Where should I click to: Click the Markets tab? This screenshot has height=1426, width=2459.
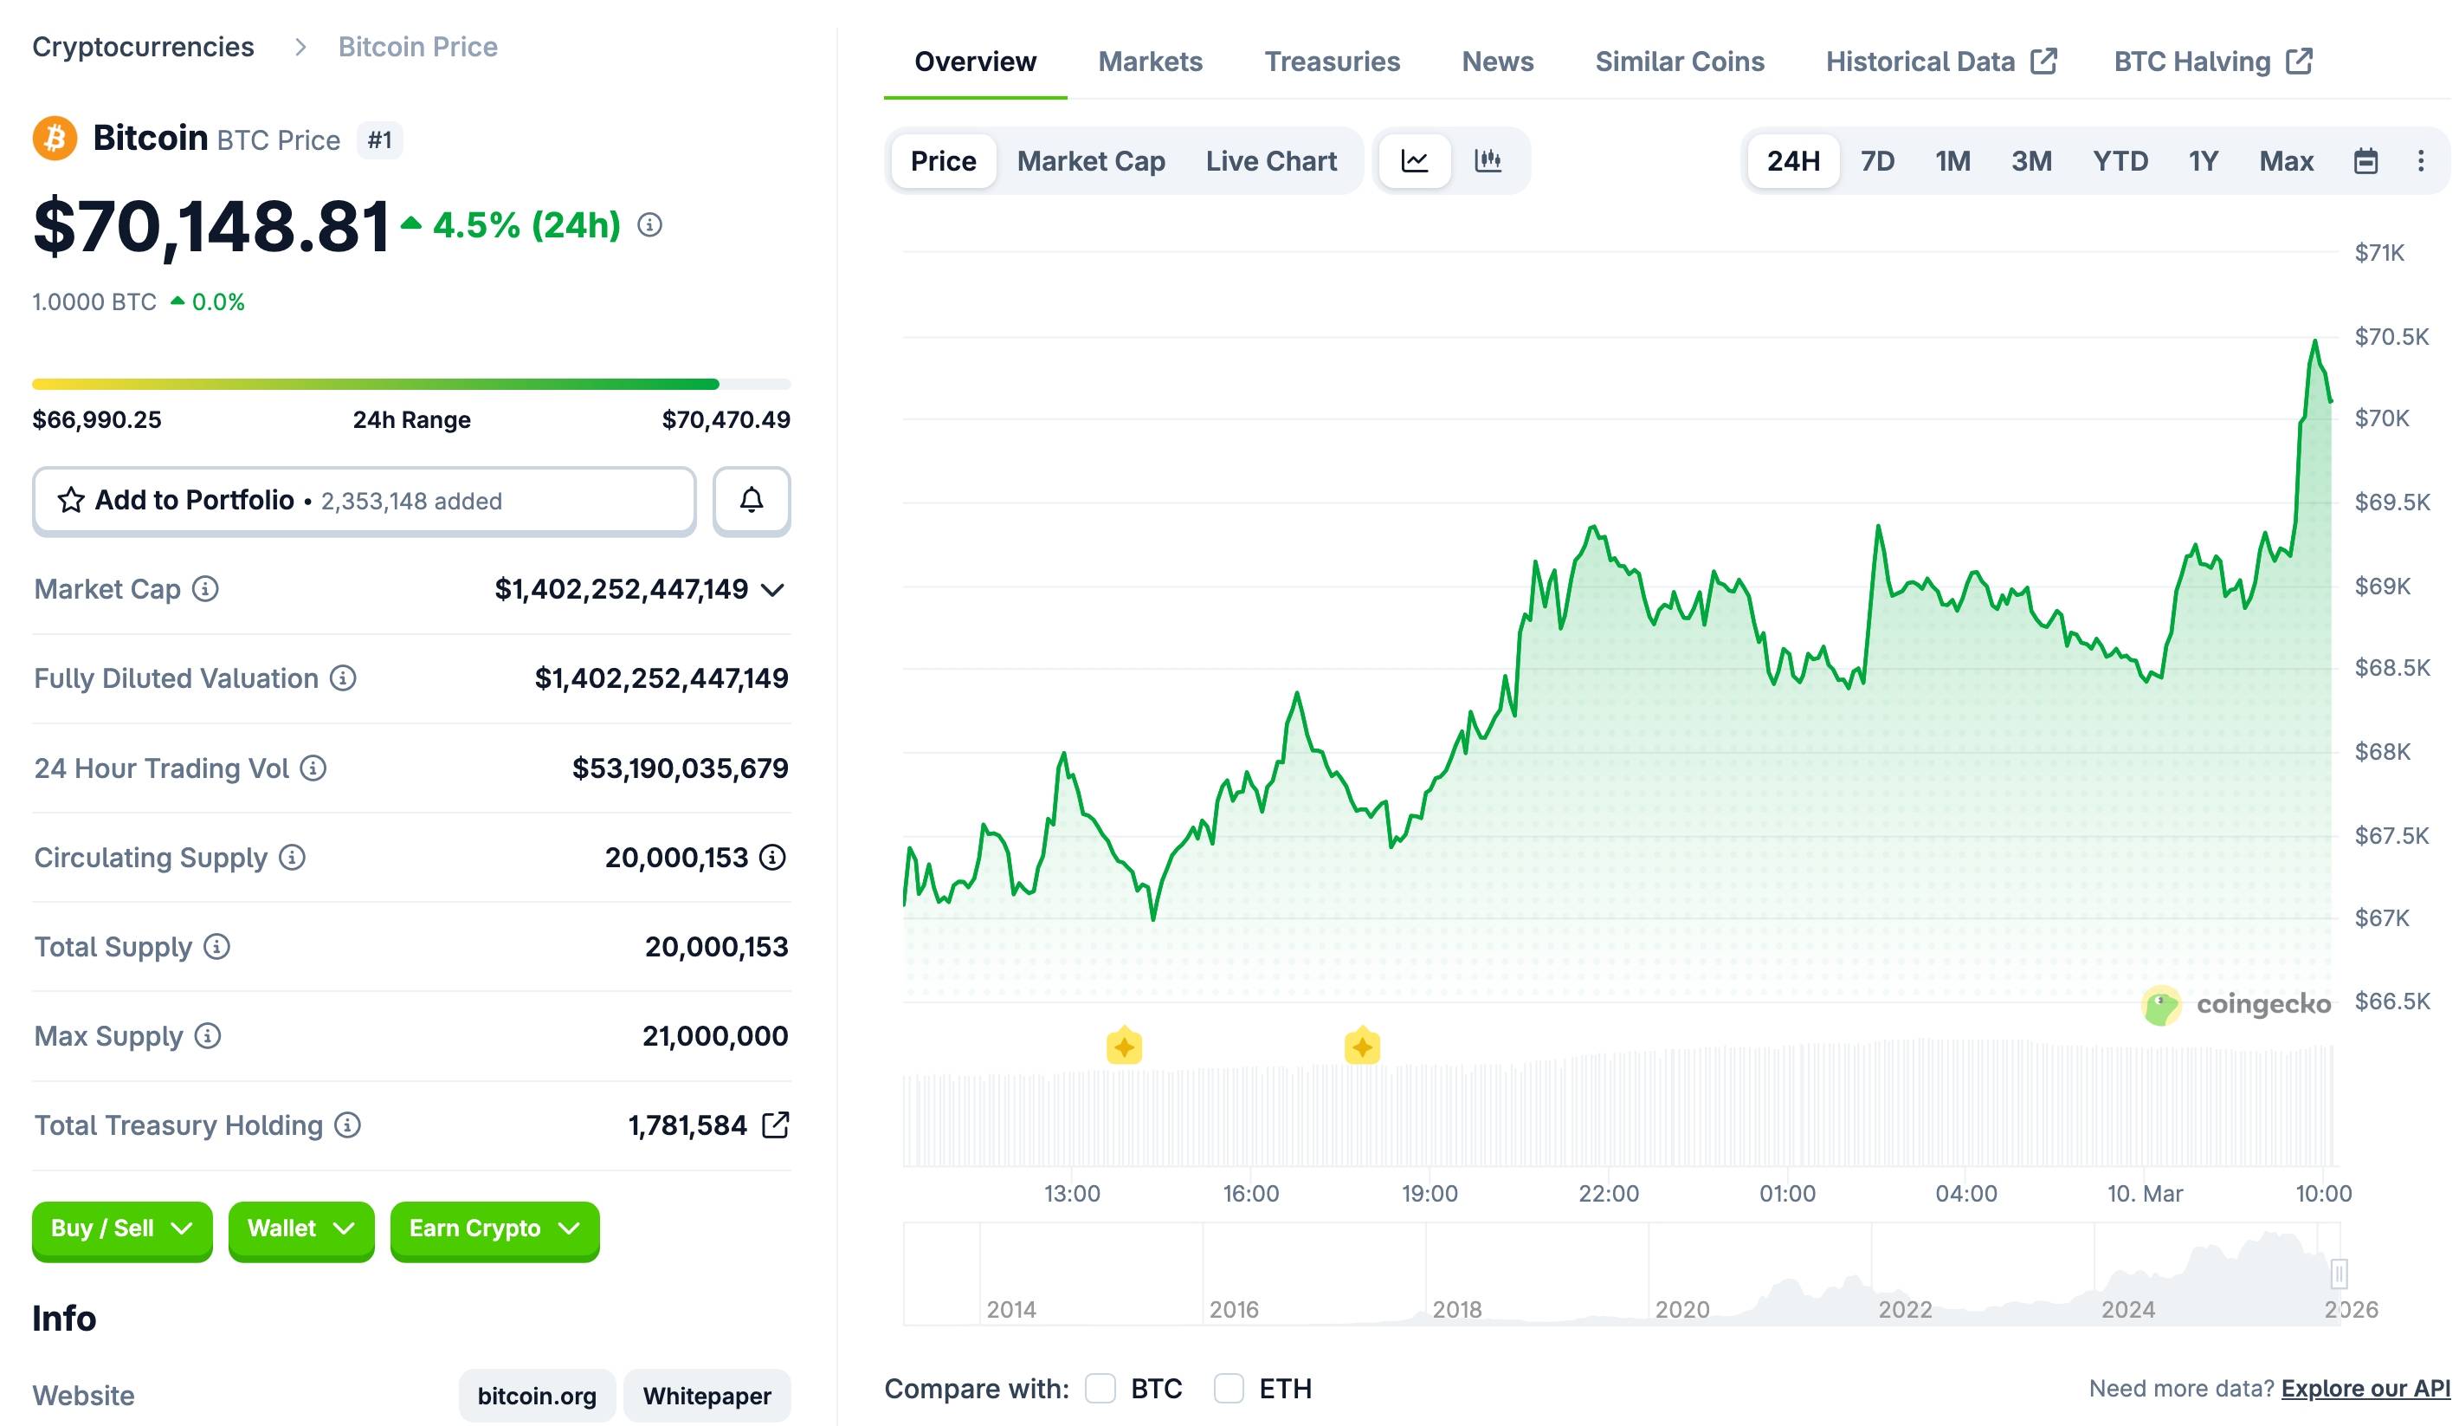1150,62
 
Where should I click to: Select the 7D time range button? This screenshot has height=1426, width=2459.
1876,161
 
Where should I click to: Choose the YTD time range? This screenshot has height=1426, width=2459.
2120,161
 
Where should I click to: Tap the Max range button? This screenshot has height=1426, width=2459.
2285,161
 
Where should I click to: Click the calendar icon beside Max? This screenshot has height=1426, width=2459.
2365,161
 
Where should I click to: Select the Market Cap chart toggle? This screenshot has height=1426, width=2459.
1090,161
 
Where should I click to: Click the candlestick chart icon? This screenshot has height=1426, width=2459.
1488,160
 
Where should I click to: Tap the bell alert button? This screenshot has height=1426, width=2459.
751,501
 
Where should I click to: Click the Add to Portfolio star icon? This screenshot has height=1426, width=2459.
71,501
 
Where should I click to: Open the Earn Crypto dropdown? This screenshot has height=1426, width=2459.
494,1228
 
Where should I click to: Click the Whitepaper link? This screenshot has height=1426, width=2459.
707,1396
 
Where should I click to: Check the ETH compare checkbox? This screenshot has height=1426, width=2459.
1229,1388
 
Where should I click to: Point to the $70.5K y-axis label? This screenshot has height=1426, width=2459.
2391,337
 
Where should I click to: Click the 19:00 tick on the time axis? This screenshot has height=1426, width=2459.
1430,1193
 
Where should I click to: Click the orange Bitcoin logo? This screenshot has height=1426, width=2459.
55,139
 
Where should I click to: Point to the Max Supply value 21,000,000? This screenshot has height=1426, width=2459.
714,1035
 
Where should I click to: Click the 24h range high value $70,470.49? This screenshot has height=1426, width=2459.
725,419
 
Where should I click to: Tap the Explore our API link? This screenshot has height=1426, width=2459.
2365,1388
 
